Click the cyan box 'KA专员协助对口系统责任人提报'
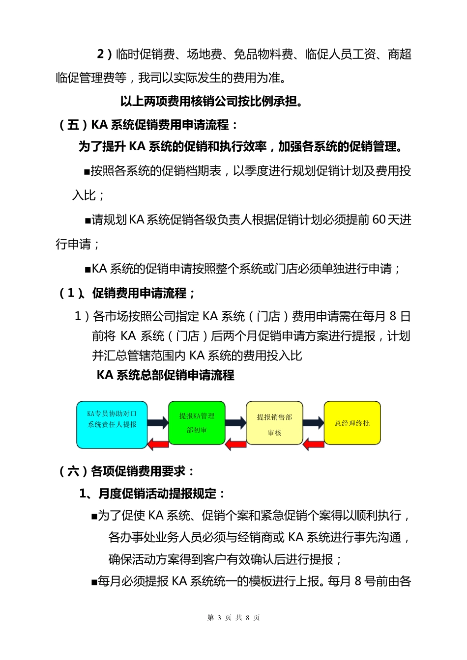pyautogui.click(x=112, y=425)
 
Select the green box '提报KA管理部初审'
pyautogui.click(x=197, y=423)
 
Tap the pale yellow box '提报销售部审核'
pyautogui.click(x=274, y=423)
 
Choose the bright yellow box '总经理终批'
pyautogui.click(x=352, y=423)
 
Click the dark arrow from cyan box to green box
pyautogui.click(x=158, y=422)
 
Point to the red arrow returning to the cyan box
pyautogui.click(x=158, y=445)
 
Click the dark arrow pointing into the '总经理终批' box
pyautogui.click(x=313, y=422)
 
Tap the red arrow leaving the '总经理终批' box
pyautogui.click(x=313, y=445)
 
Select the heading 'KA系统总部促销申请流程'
pyautogui.click(x=165, y=375)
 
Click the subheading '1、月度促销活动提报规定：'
pyautogui.click(x=152, y=494)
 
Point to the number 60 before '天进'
pyautogui.click(x=379, y=220)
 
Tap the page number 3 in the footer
pyautogui.click(x=219, y=618)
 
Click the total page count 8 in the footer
pyautogui.click(x=248, y=618)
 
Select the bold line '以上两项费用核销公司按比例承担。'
pyautogui.click(x=211, y=101)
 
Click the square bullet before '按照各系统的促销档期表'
pyautogui.click(x=87, y=172)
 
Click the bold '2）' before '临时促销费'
pyautogui.click(x=105, y=54)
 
